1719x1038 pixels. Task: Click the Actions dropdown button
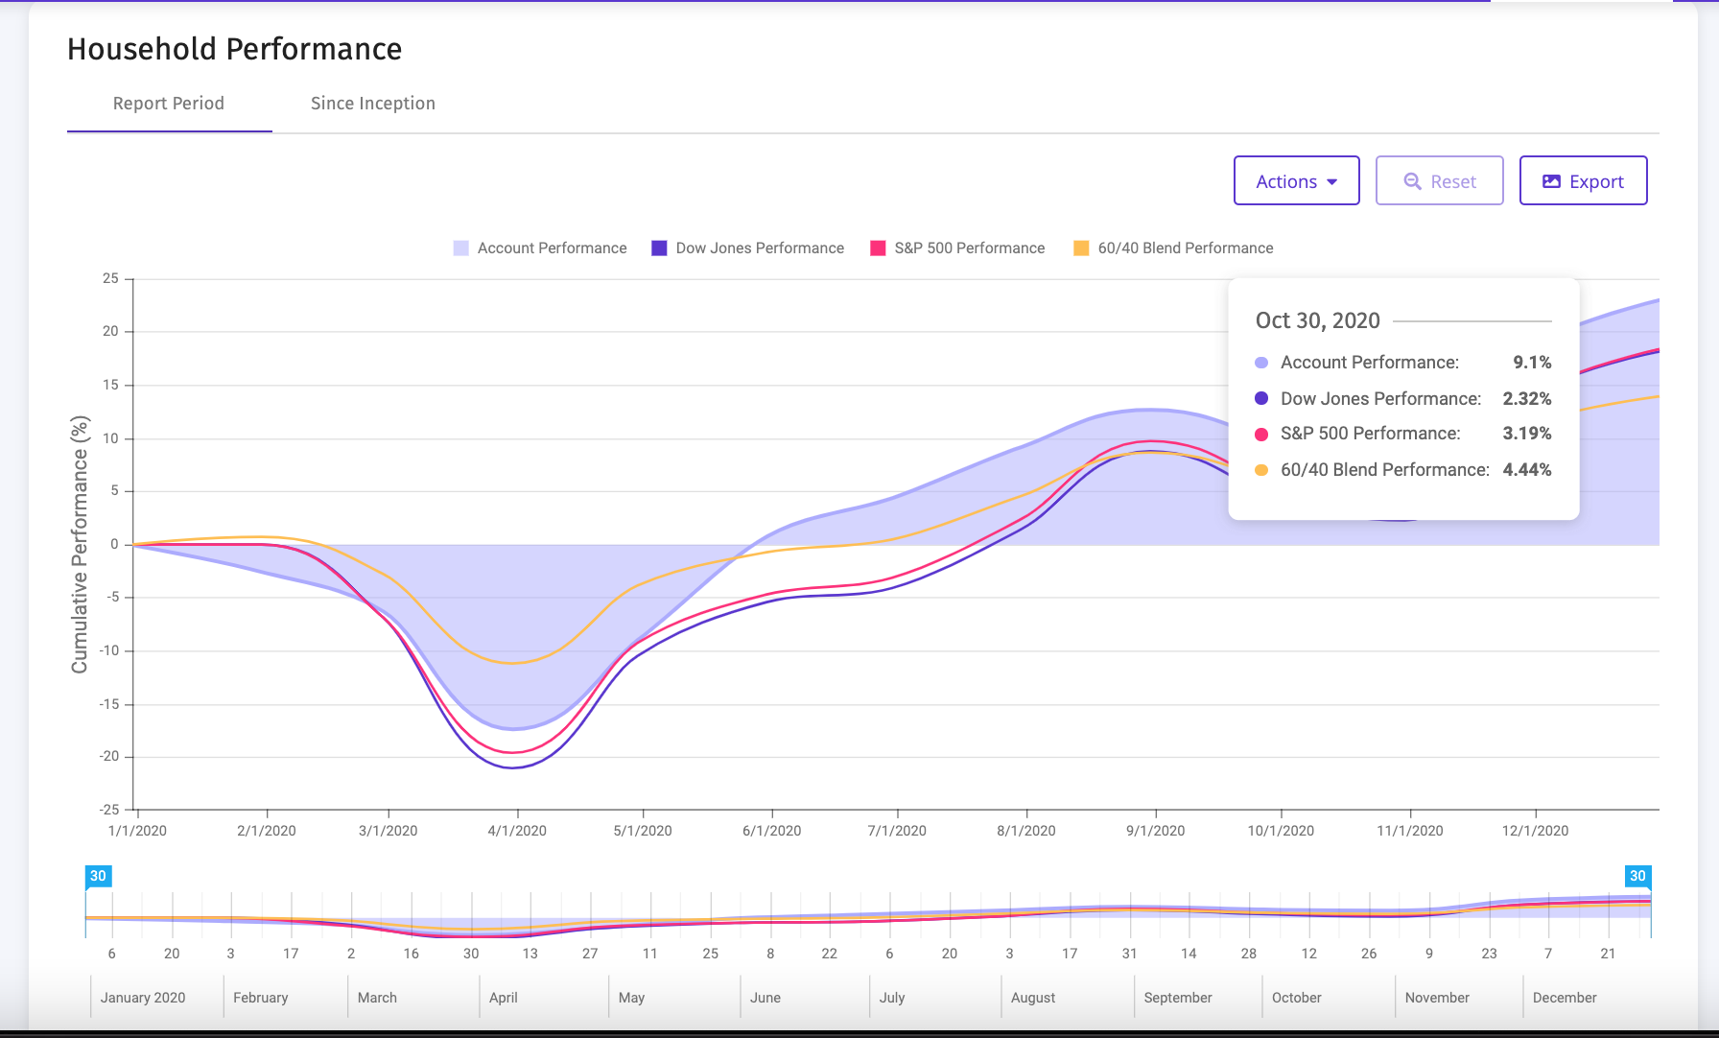[x=1296, y=180]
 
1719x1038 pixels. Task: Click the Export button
[x=1583, y=180]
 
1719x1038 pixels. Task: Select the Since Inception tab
[x=373, y=104]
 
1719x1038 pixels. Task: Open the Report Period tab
[x=169, y=104]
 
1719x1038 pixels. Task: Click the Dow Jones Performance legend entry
[x=748, y=248]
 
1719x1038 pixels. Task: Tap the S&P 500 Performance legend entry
[x=957, y=248]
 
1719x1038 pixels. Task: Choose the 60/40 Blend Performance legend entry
[x=1173, y=248]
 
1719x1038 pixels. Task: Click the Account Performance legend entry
[x=540, y=248]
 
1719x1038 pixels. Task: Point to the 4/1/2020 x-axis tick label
[x=517, y=831]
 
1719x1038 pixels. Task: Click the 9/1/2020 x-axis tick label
[x=1155, y=831]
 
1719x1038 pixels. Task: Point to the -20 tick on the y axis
[x=109, y=756]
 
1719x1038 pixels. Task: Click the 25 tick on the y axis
[x=111, y=278]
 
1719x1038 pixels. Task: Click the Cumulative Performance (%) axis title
[x=80, y=544]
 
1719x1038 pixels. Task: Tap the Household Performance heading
[x=235, y=49]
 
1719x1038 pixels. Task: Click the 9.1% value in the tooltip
[x=1532, y=363]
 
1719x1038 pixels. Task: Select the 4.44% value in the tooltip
[x=1527, y=470]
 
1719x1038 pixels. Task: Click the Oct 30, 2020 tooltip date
[x=1318, y=320]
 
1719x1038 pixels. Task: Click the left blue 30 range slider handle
[x=98, y=877]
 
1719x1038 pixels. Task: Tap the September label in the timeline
[x=1178, y=998]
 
